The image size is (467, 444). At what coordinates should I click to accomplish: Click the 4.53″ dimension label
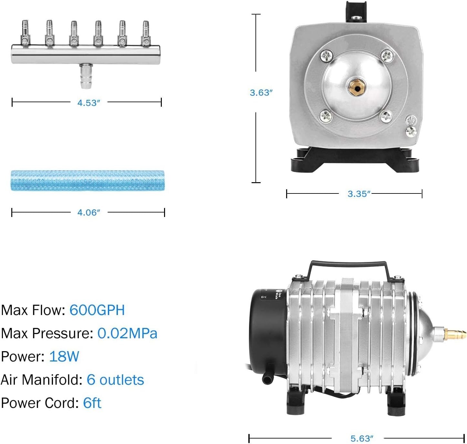88,103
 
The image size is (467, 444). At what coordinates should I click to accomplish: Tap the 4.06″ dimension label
88,212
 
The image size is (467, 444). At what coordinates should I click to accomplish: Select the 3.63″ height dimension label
261,93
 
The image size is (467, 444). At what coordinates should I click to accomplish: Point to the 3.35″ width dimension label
359,194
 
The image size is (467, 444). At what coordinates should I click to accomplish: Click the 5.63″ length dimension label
362,439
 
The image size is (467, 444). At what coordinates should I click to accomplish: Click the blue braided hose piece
88,181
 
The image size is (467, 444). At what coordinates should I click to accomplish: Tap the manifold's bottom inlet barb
86,76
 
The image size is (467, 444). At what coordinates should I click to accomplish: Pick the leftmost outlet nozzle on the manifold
25,33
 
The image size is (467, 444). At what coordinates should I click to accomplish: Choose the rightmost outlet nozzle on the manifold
146,33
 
